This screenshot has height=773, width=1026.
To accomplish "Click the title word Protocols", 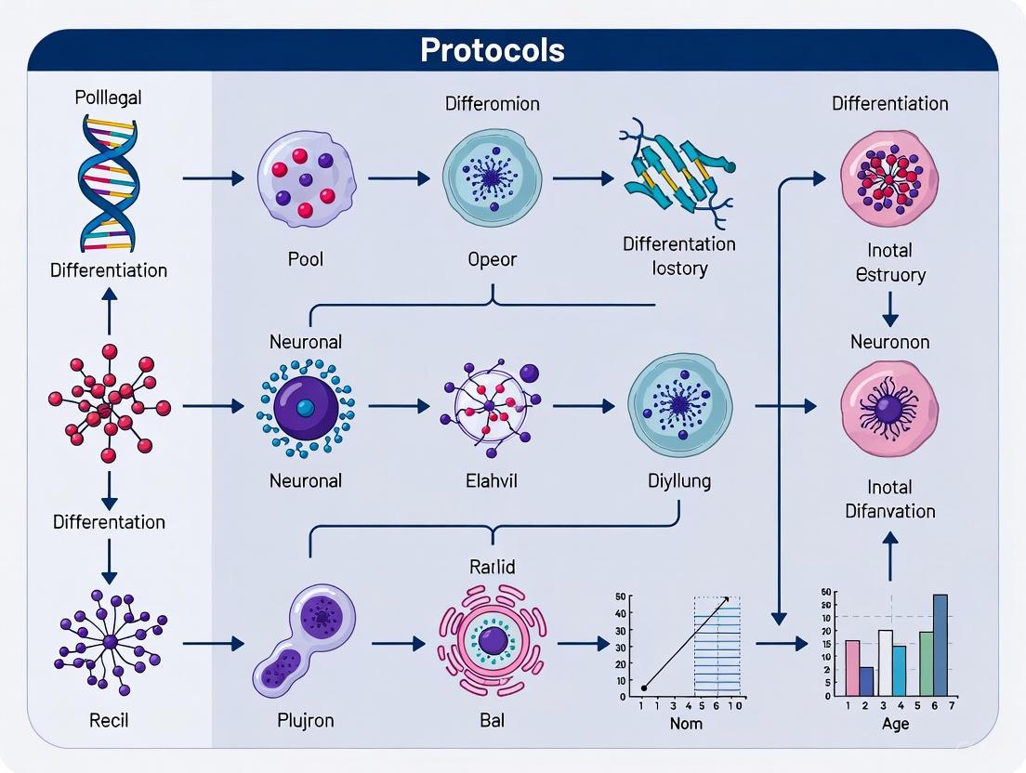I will point(493,50).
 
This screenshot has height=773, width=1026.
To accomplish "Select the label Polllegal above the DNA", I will point(110,98).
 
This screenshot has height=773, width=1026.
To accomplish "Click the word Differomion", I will point(492,103).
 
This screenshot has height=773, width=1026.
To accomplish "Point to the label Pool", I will point(306,259).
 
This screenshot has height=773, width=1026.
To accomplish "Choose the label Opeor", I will point(493,259).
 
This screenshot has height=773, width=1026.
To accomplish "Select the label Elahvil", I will point(492,481).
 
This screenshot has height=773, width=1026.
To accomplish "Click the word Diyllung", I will point(679,481).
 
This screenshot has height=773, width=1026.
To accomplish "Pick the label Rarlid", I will point(493,567).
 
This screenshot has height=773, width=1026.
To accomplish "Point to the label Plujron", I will point(306,720).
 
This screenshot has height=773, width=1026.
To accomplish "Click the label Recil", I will point(110,720).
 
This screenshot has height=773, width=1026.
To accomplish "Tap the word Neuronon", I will point(889,342).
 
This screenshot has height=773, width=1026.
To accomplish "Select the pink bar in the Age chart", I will point(852,668).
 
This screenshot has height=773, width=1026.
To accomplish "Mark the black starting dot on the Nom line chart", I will point(644,688).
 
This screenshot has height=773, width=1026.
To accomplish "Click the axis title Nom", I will point(686,723).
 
